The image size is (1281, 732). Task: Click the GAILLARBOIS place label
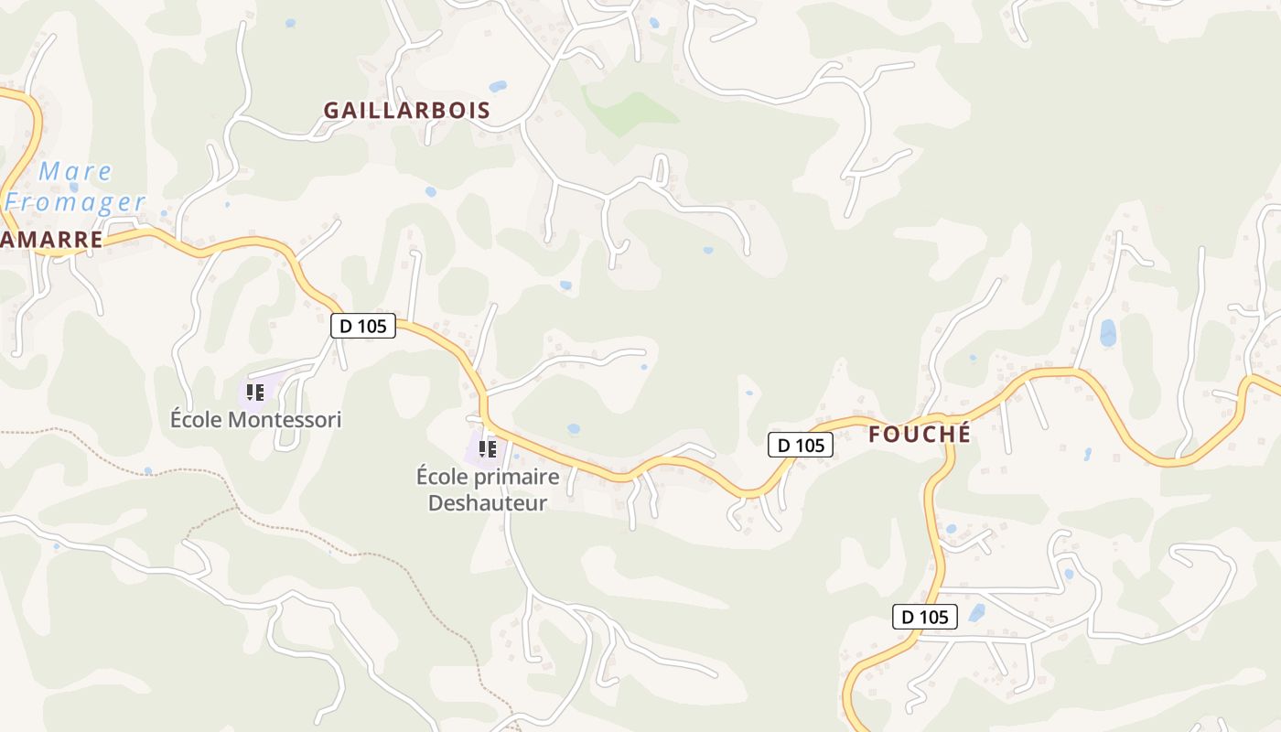(407, 111)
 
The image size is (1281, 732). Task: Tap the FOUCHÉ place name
(919, 435)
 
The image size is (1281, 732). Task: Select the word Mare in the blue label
(75, 172)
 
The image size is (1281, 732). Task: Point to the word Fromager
(75, 202)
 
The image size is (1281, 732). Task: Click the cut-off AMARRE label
(51, 240)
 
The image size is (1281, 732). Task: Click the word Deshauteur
(488, 502)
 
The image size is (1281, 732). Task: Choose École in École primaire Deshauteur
(445, 477)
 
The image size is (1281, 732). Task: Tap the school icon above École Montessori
(255, 393)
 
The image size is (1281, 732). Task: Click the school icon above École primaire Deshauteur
(488, 448)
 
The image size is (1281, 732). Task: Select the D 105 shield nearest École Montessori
(363, 325)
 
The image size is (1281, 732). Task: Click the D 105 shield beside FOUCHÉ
(800, 446)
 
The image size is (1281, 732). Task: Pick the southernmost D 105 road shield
(925, 617)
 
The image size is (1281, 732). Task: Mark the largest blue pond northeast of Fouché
(1108, 333)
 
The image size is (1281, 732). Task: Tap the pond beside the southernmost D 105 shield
(977, 612)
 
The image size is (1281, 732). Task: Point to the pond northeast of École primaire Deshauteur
(574, 428)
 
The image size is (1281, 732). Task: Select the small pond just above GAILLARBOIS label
(498, 87)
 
